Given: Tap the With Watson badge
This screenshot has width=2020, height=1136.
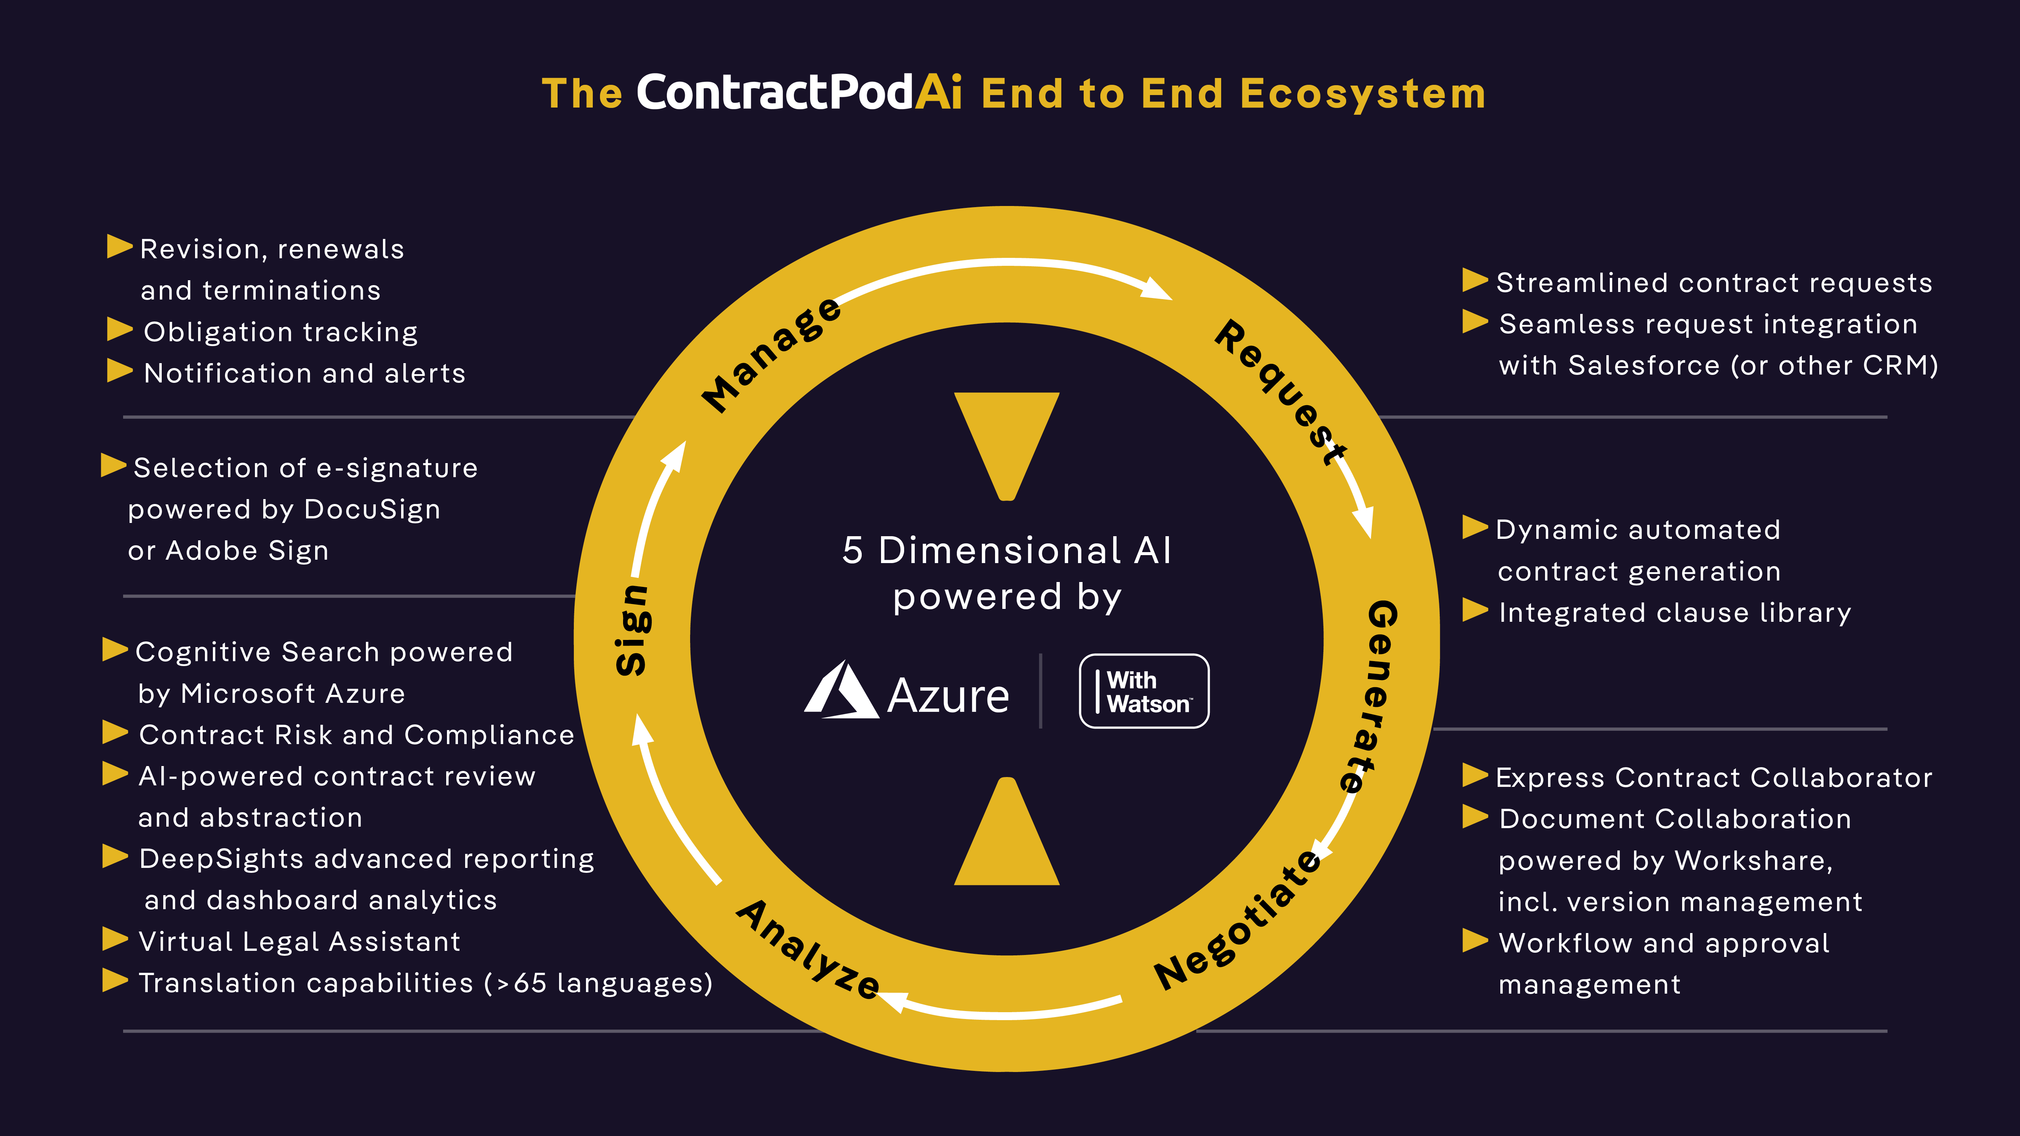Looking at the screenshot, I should point(1144,691).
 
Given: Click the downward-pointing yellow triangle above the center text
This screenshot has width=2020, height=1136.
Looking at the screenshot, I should point(1007,443).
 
